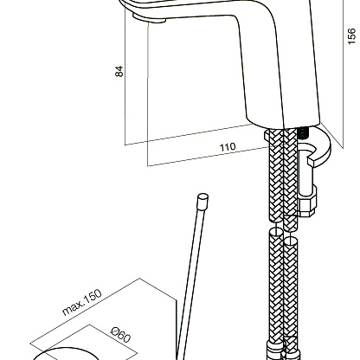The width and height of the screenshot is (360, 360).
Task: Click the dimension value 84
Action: coord(119,71)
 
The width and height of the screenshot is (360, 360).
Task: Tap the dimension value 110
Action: coord(228,147)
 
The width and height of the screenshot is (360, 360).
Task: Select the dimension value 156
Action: coord(351,36)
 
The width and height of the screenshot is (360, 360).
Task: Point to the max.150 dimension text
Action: coord(82,302)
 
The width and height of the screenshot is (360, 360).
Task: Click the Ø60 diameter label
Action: coord(121,336)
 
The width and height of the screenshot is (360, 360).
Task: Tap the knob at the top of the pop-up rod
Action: coord(202,201)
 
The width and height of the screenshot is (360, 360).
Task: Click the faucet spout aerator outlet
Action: coord(149,18)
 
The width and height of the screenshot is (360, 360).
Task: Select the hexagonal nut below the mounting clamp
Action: coord(306,206)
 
